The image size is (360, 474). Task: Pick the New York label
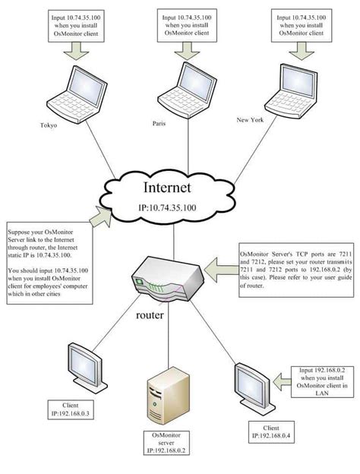(252, 119)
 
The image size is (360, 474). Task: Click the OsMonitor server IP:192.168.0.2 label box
(163, 445)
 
